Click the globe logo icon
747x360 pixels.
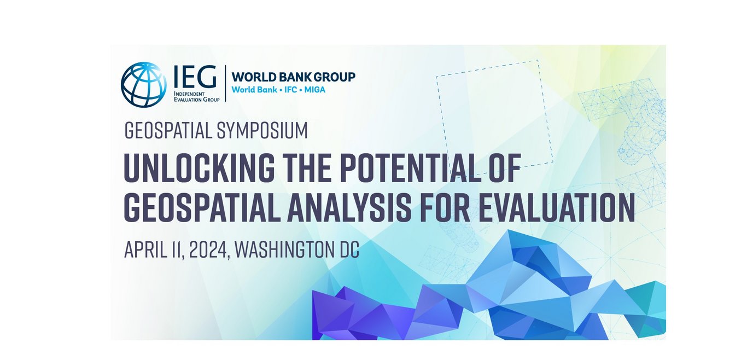144,84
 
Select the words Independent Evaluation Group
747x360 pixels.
196,97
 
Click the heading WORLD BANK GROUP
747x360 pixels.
294,77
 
